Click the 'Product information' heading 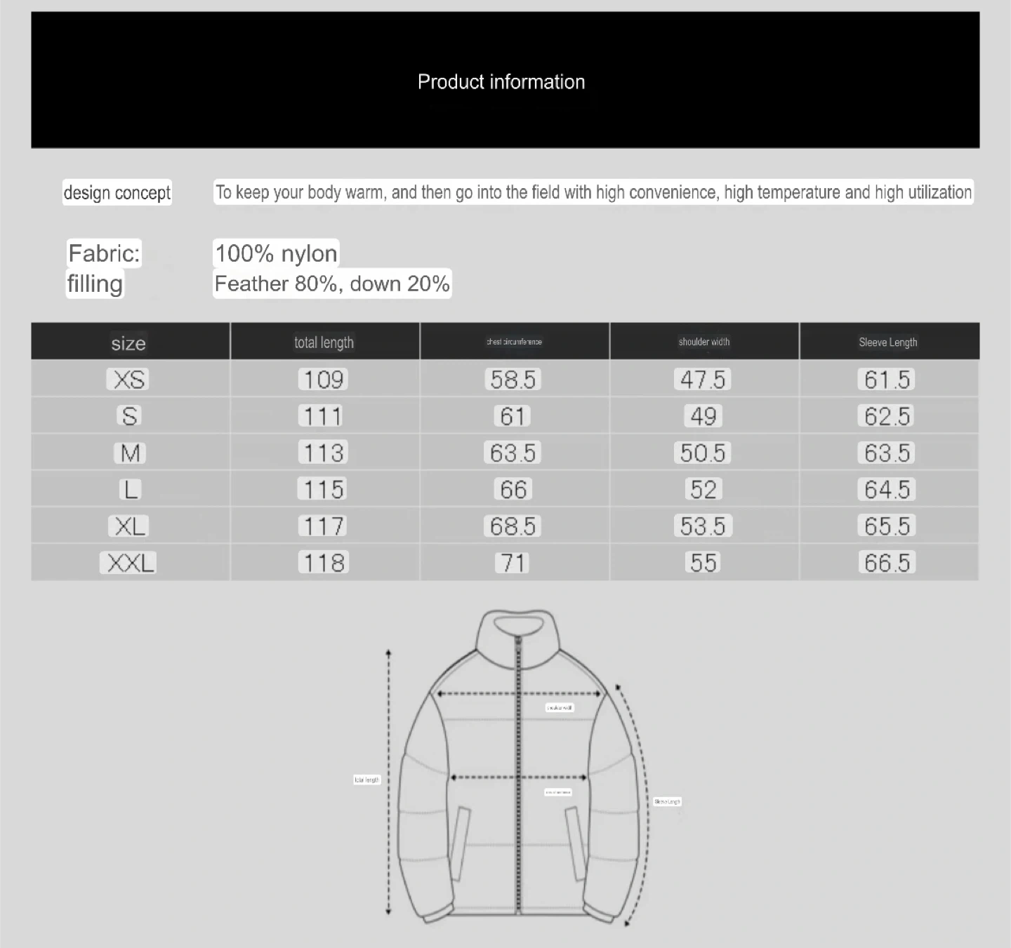pyautogui.click(x=501, y=82)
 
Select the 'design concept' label pyautogui.click(x=117, y=192)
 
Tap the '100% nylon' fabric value pyautogui.click(x=276, y=253)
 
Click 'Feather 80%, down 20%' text pyautogui.click(x=332, y=283)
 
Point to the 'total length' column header pyautogui.click(x=324, y=342)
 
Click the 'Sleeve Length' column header pyautogui.click(x=888, y=342)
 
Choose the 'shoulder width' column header pyautogui.click(x=704, y=342)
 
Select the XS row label pyautogui.click(x=130, y=380)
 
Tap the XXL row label pyautogui.click(x=130, y=563)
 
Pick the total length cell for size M pyautogui.click(x=324, y=453)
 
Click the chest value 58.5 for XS pyautogui.click(x=513, y=380)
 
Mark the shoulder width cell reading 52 pyautogui.click(x=703, y=489)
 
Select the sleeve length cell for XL pyautogui.click(x=887, y=526)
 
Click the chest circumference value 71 pyautogui.click(x=513, y=563)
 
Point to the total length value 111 pyautogui.click(x=323, y=416)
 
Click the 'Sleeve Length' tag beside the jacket pyautogui.click(x=667, y=801)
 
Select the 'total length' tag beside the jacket pyautogui.click(x=367, y=780)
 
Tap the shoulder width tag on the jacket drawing pyautogui.click(x=560, y=707)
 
